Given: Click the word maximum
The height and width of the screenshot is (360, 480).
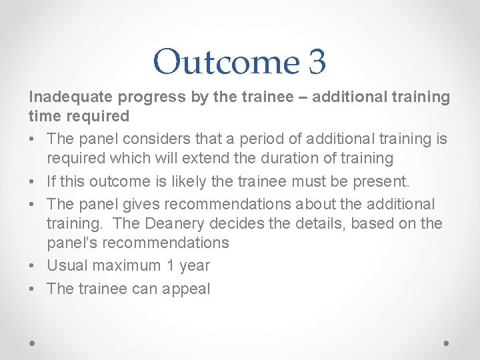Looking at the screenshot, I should [x=125, y=265].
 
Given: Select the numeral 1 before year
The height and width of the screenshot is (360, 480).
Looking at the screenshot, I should [x=170, y=265].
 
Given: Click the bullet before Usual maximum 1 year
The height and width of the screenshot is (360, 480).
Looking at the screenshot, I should [x=33, y=265].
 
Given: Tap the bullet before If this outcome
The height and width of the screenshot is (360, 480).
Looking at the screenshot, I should [x=33, y=181].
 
